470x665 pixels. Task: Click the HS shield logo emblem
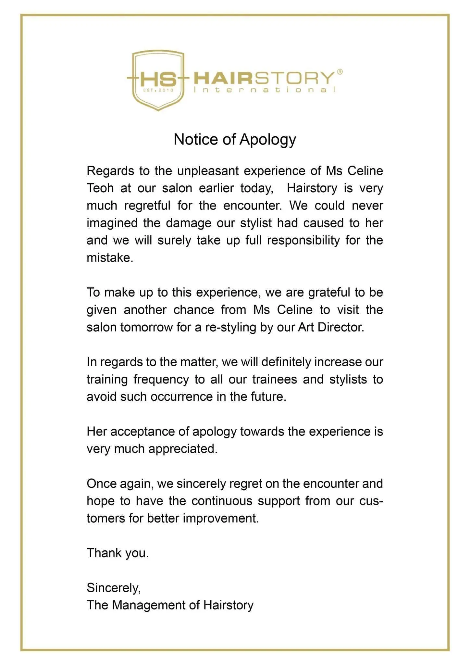(158, 80)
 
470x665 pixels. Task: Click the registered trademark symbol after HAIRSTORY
(340, 72)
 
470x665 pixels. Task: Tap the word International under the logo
(264, 90)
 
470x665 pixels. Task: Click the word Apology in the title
(267, 140)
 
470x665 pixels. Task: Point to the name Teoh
(100, 188)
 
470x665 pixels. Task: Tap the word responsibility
(303, 240)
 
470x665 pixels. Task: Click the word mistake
(109, 258)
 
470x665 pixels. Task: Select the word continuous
(222, 501)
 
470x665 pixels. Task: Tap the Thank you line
(117, 553)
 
